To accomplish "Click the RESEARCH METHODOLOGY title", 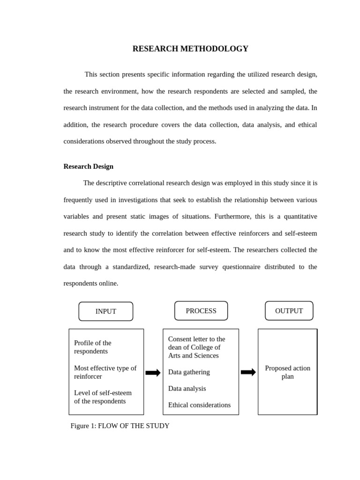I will tap(190, 49).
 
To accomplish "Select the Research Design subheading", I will tap(88, 166).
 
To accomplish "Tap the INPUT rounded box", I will tap(105, 311).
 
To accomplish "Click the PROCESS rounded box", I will tap(201, 311).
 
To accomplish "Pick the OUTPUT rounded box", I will tap(289, 311).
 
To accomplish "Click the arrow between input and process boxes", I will tap(153, 373).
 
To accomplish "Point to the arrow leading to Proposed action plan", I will tap(248, 372).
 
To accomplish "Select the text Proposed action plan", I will tap(287, 372).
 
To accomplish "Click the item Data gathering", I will tap(189, 372).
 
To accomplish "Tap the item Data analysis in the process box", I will tap(187, 389).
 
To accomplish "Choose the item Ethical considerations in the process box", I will tap(199, 405).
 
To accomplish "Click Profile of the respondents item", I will tap(93, 347).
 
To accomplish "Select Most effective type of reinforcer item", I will tap(105, 372).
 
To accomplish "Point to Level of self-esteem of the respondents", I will tap(103, 397).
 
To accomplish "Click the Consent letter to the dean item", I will tap(196, 347).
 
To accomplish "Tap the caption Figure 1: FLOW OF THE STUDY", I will tap(120, 426).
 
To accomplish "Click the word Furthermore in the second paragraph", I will tap(233, 217).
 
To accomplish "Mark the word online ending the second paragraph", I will tap(108, 284).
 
